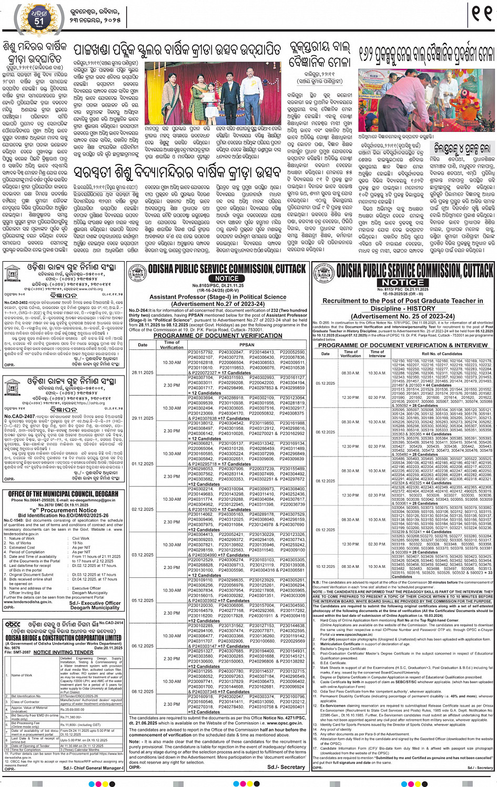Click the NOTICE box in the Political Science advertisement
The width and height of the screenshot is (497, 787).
227,278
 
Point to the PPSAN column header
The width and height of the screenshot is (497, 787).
247,345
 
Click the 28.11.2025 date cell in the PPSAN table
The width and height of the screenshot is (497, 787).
143,372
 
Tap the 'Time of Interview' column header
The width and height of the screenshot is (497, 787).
377,354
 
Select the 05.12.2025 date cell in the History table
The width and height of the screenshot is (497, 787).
325,383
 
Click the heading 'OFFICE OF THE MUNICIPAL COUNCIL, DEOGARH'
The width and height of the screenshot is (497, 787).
63,494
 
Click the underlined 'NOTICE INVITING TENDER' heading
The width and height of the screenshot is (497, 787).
64,652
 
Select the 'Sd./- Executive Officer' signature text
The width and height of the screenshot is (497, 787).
95,603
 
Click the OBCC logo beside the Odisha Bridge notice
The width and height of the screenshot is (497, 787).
13,624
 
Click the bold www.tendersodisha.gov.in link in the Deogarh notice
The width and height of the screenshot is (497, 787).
28,602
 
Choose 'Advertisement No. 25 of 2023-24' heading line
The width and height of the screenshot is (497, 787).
403,316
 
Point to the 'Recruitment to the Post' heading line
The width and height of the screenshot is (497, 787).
403,301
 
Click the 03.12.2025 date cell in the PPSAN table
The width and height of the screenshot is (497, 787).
143,555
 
